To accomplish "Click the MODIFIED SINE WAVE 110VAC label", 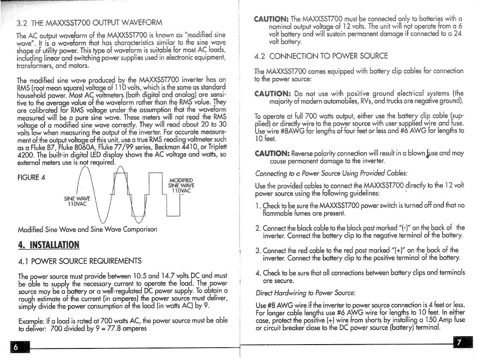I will pyautogui.click(x=181, y=185).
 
